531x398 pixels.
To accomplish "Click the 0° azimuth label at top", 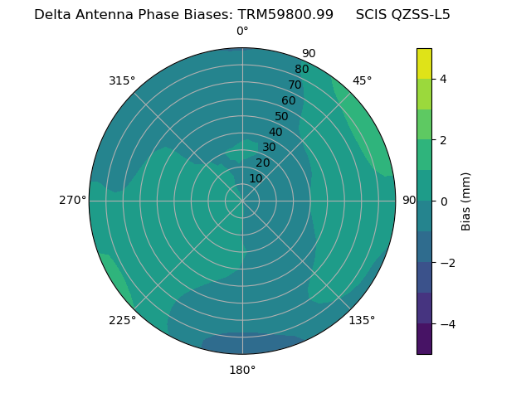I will (x=242, y=32).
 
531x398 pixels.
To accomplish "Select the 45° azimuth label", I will (x=362, y=80).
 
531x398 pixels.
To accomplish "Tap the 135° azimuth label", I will (x=362, y=320).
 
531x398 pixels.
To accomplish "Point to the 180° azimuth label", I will (x=242, y=370).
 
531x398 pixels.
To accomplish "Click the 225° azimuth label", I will (x=122, y=320).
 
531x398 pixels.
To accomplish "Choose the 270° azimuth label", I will (x=73, y=201).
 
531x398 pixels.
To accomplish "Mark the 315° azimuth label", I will (x=122, y=80).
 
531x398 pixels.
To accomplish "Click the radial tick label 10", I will (x=256, y=178).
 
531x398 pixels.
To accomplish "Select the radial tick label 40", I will (x=275, y=133).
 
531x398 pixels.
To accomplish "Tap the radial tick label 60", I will (x=289, y=101).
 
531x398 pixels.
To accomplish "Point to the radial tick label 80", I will (x=301, y=70).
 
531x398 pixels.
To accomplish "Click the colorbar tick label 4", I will (x=443, y=79).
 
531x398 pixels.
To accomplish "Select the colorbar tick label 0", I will (x=443, y=201).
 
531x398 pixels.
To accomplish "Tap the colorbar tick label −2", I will (x=446, y=263).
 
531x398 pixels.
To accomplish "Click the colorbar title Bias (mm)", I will (x=466, y=201).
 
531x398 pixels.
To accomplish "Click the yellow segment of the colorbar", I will (x=424, y=64).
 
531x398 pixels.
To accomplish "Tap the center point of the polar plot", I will (x=242, y=201).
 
